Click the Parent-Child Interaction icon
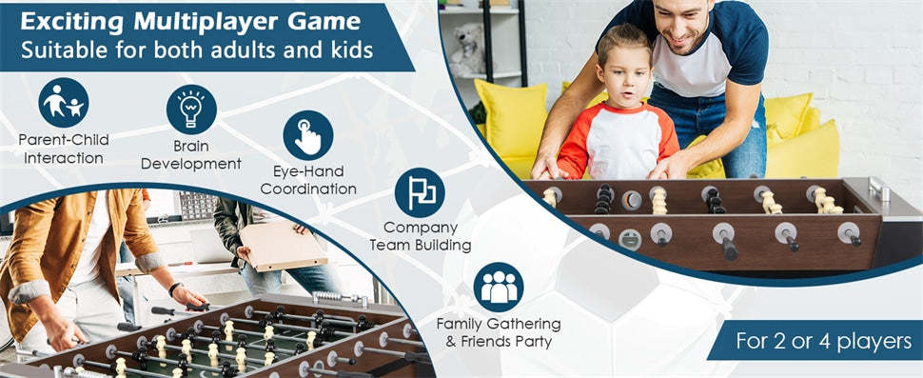[x=64, y=102]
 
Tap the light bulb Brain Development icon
[x=191, y=109]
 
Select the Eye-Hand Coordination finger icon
[x=307, y=135]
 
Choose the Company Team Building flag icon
[x=420, y=192]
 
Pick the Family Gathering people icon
[x=498, y=287]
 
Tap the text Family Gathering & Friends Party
[x=498, y=332]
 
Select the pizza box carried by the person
[x=282, y=247]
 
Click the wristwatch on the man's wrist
[x=175, y=287]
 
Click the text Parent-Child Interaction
[x=64, y=148]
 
